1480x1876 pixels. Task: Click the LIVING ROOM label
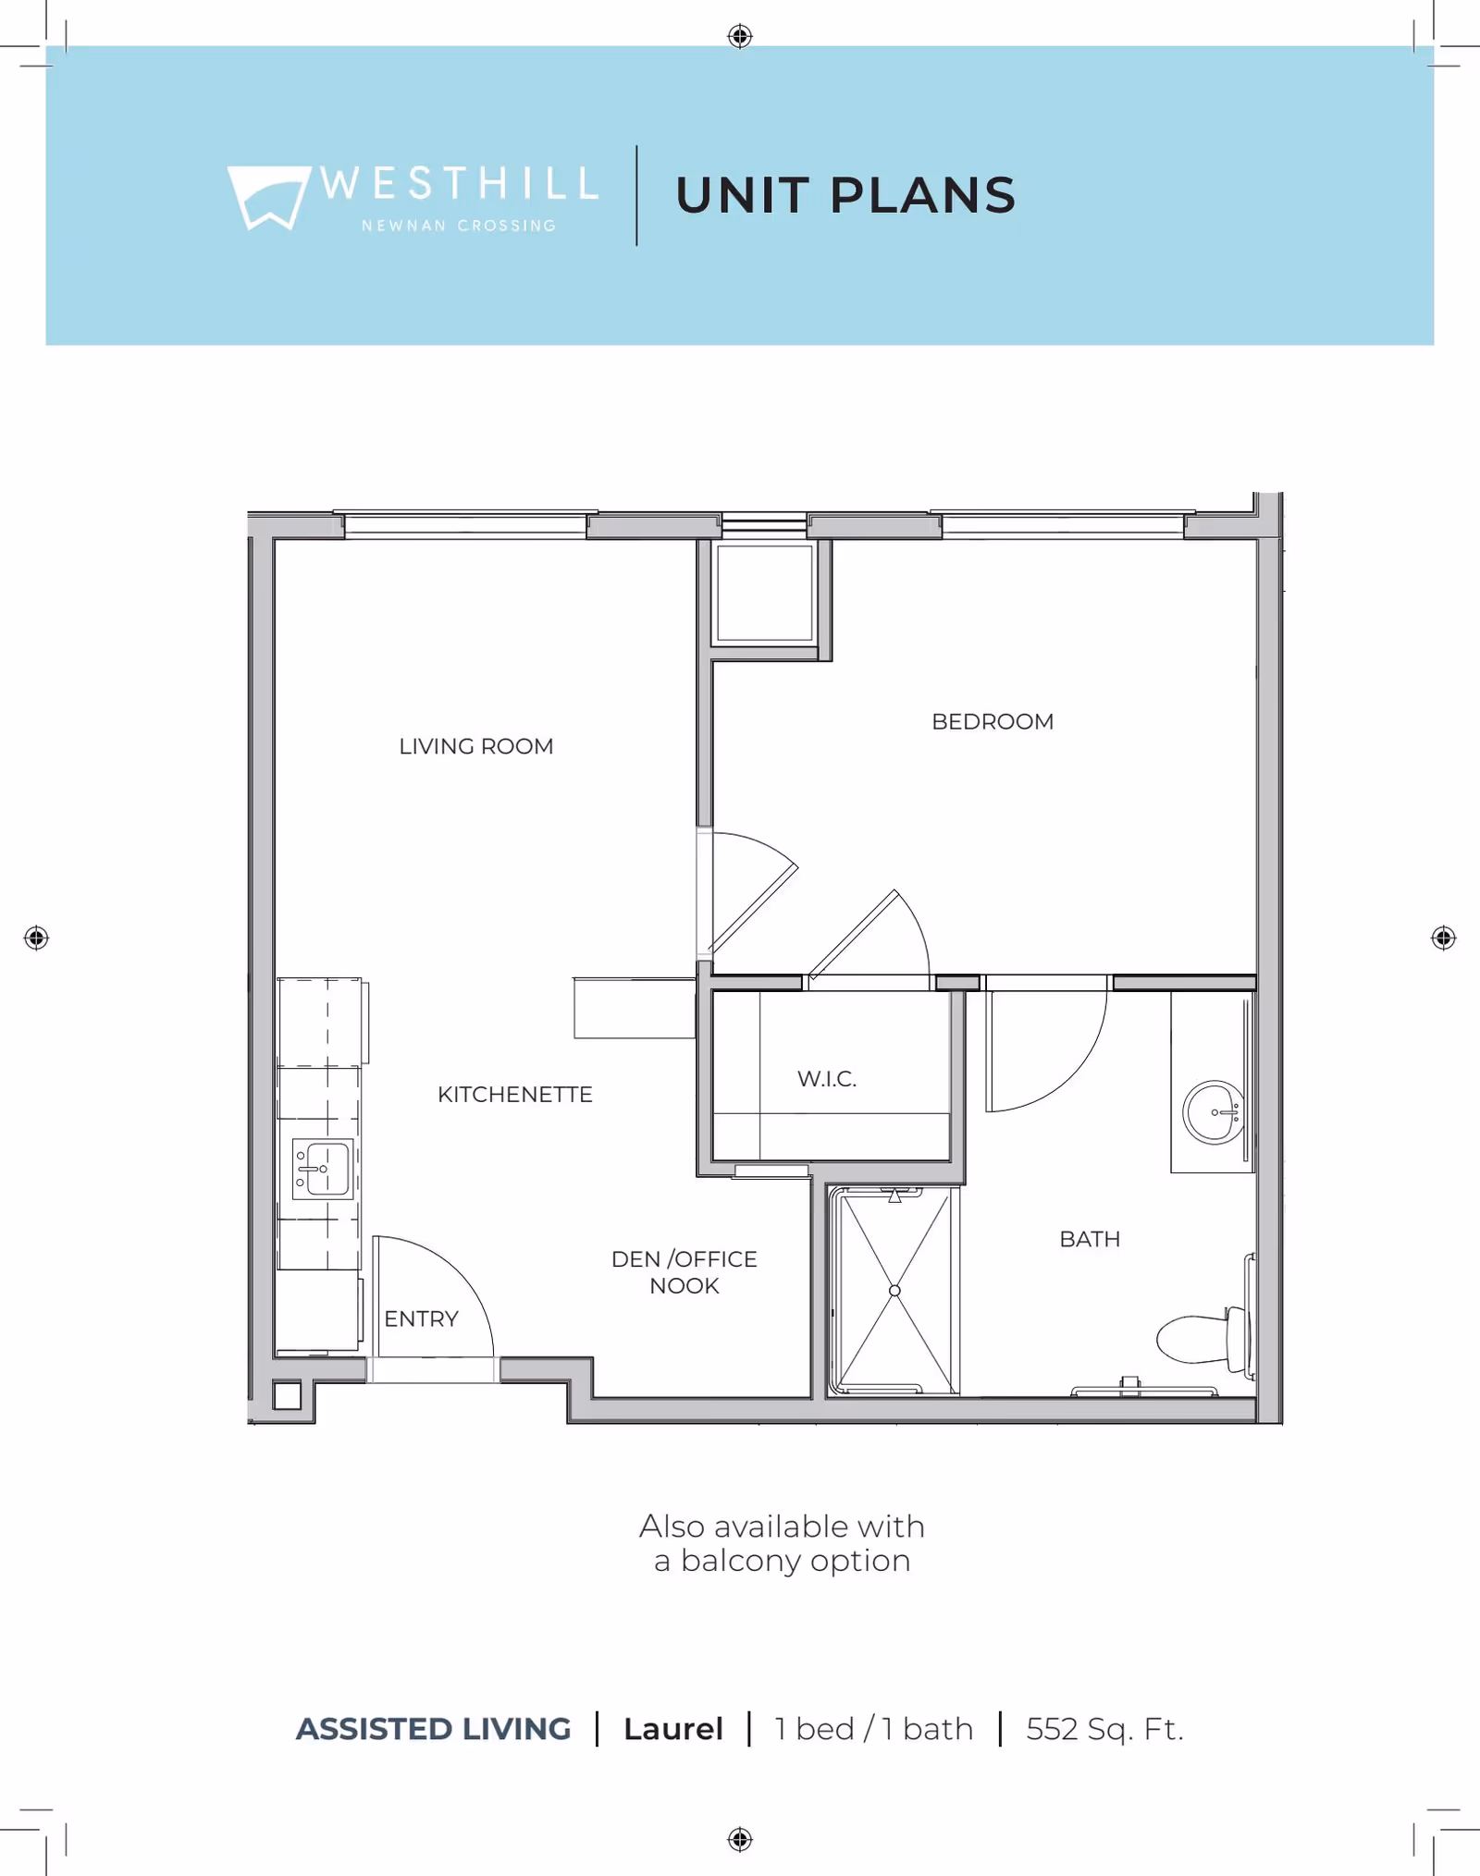pos(475,746)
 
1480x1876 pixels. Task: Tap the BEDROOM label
pos(992,721)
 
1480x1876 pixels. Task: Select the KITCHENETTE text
pos(514,1095)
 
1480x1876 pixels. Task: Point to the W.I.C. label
pos(826,1078)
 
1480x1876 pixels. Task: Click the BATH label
pos(1089,1239)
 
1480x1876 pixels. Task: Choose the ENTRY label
pos(421,1318)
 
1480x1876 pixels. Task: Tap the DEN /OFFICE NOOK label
pos(684,1272)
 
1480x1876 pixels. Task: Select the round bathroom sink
pos(1214,1112)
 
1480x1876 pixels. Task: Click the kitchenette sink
pos(323,1169)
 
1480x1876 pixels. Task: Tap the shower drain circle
pos(894,1291)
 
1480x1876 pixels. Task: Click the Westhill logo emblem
pos(268,197)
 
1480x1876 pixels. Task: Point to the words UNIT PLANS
pos(845,195)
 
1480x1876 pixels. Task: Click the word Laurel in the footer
pos(672,1729)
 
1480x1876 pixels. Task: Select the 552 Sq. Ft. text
pos(1104,1729)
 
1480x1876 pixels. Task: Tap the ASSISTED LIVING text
pos(433,1729)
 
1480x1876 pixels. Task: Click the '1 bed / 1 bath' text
pos(873,1729)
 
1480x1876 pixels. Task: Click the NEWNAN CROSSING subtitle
pos(459,226)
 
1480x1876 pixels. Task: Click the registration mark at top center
pos(740,36)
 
